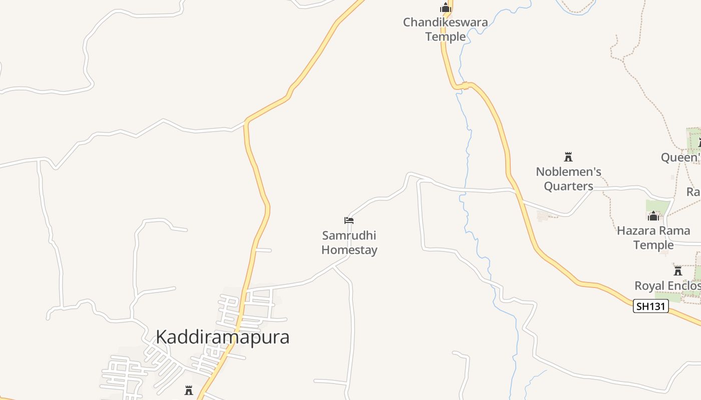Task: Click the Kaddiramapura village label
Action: coord(222,337)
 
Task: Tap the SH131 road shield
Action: coord(650,306)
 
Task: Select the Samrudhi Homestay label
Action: coord(349,242)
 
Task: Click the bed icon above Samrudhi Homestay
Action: coord(349,220)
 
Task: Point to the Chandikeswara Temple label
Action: coord(445,29)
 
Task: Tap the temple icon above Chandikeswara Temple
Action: coord(445,7)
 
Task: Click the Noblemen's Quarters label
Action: coord(568,178)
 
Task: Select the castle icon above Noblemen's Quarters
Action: coord(568,157)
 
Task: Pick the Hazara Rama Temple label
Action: coord(653,237)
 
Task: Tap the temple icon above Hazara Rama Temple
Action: coord(653,216)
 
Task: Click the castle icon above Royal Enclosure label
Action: coord(678,271)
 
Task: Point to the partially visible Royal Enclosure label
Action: coord(667,286)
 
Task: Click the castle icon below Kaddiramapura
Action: coord(189,390)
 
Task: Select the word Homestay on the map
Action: coord(349,250)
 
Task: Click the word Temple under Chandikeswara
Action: coord(445,36)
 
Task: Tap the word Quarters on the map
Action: coord(568,186)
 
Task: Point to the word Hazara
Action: coord(635,230)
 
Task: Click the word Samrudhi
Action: coord(349,235)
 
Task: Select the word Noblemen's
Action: coord(568,171)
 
